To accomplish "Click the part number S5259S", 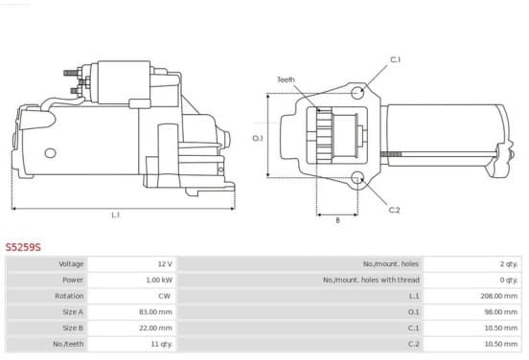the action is coord(23,247).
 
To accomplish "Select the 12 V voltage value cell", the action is coord(165,263).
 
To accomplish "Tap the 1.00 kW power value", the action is coord(159,280).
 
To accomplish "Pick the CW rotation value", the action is coord(164,296).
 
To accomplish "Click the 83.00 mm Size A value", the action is coord(155,312).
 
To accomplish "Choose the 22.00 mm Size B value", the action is coord(155,328).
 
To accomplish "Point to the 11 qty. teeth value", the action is coord(162,344).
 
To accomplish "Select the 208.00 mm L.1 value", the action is coord(499,296).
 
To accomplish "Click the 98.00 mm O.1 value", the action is coord(501,312).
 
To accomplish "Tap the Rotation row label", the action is coord(69,296).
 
